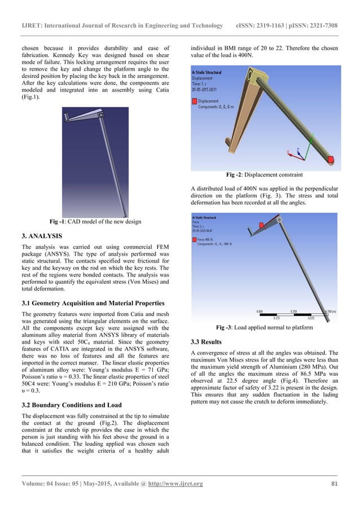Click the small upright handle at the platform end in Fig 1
click(x=67, y=117)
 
